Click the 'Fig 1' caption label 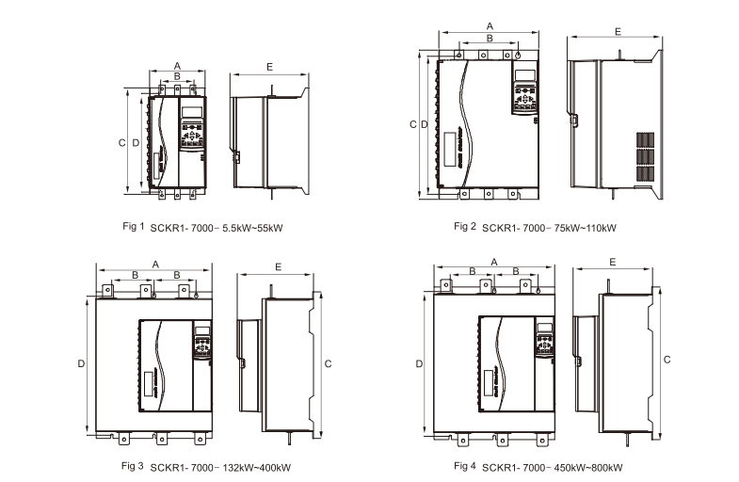coord(134,226)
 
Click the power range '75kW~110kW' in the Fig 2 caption coord(586,227)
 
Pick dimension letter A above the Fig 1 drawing coord(177,64)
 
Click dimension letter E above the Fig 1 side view coord(269,68)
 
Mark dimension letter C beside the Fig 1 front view coord(121,142)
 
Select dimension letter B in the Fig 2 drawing coord(489,38)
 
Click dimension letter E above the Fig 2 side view coord(617,32)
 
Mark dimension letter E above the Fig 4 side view coord(613,261)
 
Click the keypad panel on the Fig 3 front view coord(201,343)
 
